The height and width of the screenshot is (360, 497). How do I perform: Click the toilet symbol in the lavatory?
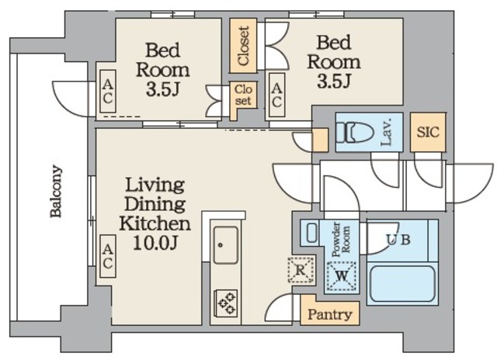pos(355,132)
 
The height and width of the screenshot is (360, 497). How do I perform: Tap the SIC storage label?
pos(428,132)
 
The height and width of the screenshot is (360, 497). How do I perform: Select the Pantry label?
pos(329,314)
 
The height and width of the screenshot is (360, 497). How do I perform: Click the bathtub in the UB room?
pos(402,283)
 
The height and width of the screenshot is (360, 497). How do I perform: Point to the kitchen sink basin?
pos(225,244)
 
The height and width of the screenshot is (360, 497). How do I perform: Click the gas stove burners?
pos(227,303)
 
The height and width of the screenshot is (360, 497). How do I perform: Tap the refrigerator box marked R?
pos(301,270)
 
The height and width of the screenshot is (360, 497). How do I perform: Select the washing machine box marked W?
pos(341,275)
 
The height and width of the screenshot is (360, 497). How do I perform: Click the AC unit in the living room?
pos(107,256)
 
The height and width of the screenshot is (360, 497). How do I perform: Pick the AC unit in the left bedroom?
pos(107,92)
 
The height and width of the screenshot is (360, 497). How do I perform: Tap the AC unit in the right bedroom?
pos(276,95)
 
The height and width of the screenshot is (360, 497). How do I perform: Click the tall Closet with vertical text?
pos(243,46)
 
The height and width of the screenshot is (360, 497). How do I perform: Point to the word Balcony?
pos(56,191)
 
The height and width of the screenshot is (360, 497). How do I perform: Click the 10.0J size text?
pos(155,243)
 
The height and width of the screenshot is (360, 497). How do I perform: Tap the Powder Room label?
pos(341,240)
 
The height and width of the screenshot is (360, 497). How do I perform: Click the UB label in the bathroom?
pos(398,240)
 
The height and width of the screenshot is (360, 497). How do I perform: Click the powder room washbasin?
pos(312,234)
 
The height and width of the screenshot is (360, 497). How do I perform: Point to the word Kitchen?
pos(155,223)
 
